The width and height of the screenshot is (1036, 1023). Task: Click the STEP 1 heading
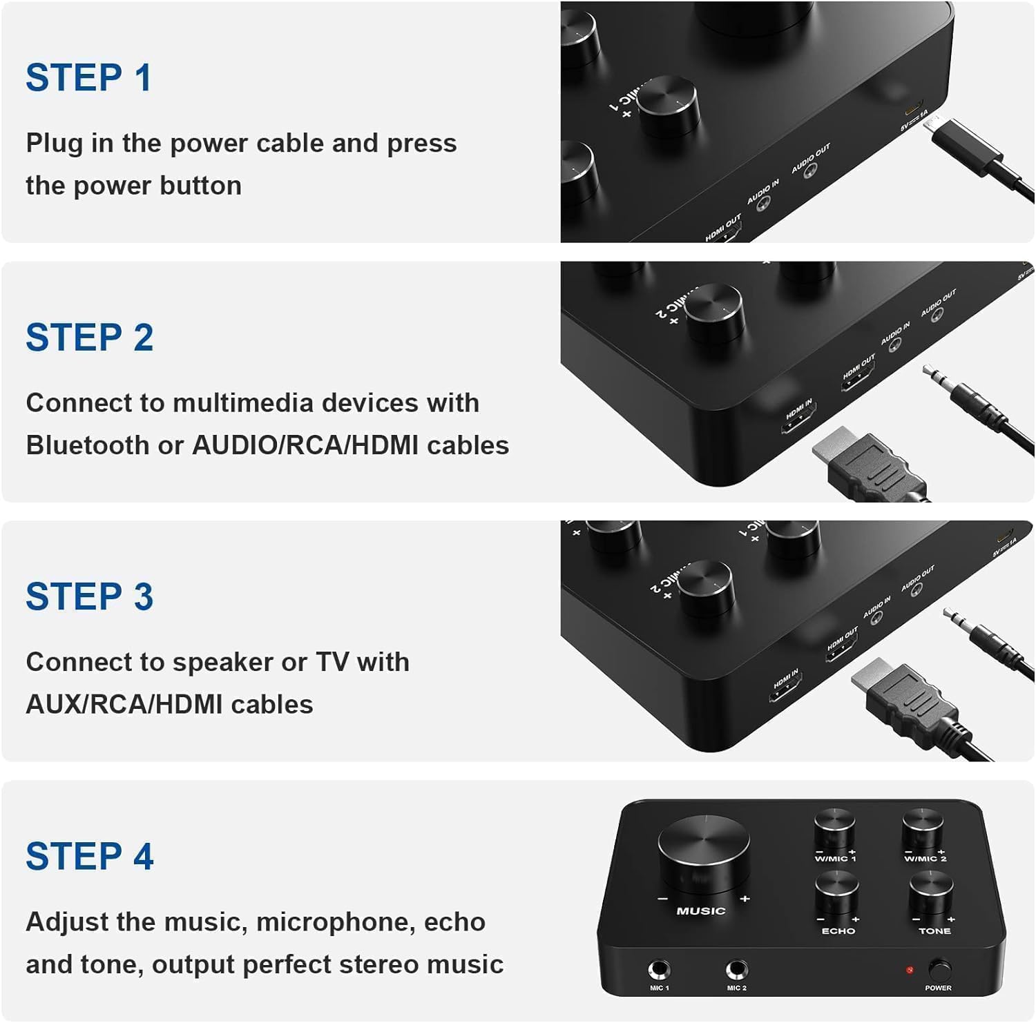[x=88, y=77]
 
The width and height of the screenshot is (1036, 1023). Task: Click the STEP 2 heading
[x=89, y=338]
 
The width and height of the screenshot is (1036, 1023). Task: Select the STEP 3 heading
[x=89, y=597]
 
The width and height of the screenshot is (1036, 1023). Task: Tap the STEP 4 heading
[x=89, y=857]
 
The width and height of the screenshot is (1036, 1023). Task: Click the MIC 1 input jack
[x=659, y=970]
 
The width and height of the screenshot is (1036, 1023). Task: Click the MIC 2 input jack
[x=737, y=970]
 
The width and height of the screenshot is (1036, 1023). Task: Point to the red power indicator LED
[x=910, y=970]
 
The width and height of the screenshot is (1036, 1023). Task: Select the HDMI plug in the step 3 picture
[x=901, y=697]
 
